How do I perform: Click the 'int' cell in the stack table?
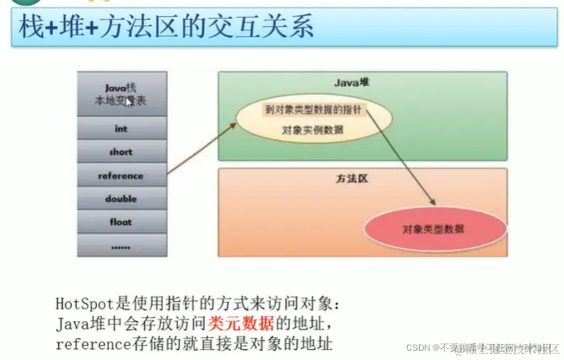tap(121, 129)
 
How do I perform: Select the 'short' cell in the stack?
tap(121, 153)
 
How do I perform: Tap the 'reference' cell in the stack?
tap(121, 175)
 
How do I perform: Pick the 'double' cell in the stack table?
tap(121, 199)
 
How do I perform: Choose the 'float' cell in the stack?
tap(121, 222)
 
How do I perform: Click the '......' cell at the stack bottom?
tap(121, 245)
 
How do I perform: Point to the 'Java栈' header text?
tap(121, 87)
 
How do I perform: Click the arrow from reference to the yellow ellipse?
tap(199, 149)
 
